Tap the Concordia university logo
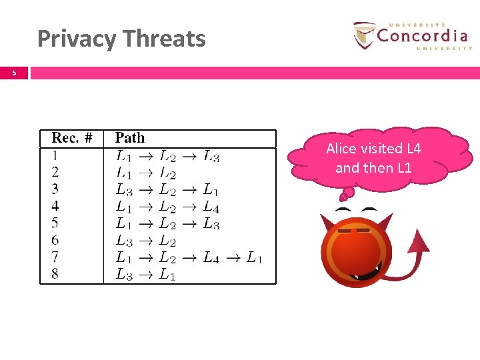411,36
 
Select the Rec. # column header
72,138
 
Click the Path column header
129,138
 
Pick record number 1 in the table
55,156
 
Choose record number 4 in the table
55,206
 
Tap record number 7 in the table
55,257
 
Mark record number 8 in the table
55,273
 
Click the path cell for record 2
145,173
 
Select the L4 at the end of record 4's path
211,207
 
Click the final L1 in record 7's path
254,257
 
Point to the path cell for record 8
145,274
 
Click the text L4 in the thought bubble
413,149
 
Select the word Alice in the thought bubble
341,149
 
